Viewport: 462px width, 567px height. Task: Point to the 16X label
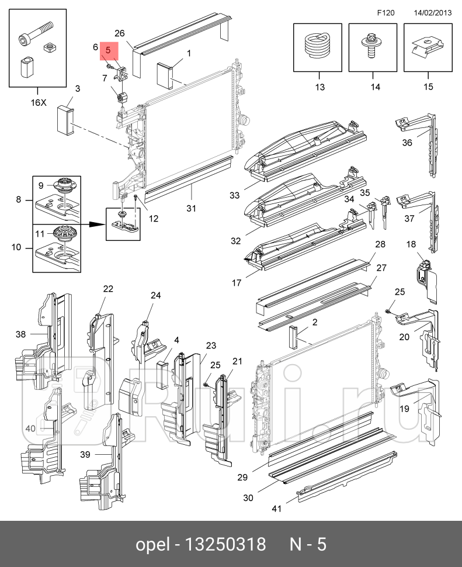click(x=38, y=102)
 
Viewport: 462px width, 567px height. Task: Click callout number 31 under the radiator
click(x=192, y=208)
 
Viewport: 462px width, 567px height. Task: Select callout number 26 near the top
click(x=120, y=33)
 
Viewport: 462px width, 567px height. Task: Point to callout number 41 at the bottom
click(x=276, y=509)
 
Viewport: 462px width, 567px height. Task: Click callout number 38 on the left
click(x=21, y=334)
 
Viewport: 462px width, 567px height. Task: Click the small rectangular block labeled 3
click(x=65, y=119)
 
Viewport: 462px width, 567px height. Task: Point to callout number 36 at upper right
click(x=407, y=142)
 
